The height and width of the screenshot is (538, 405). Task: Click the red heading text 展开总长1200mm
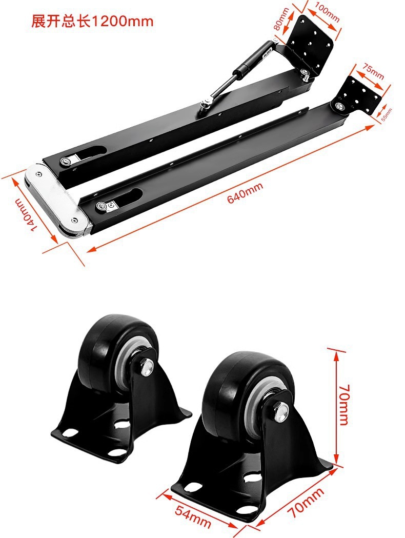pyautogui.click(x=92, y=21)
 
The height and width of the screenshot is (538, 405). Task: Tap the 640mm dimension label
pyautogui.click(x=245, y=192)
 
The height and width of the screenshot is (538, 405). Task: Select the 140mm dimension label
pyautogui.click(x=26, y=214)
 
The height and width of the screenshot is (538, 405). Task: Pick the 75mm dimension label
pyautogui.click(x=373, y=70)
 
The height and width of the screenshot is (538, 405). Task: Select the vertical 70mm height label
pyautogui.click(x=343, y=405)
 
